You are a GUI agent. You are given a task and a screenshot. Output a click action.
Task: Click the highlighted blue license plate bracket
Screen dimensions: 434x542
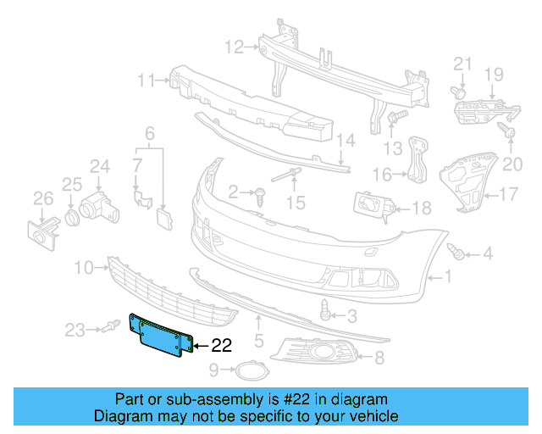pos(162,337)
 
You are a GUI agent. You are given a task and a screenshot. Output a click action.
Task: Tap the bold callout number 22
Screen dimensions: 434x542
pos(220,345)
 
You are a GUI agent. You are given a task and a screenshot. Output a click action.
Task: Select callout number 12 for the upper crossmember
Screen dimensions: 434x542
pos(234,46)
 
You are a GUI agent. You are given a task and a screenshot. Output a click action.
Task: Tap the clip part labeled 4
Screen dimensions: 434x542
pos(458,251)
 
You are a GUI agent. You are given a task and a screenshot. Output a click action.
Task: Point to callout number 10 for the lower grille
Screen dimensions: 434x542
pos(82,268)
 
